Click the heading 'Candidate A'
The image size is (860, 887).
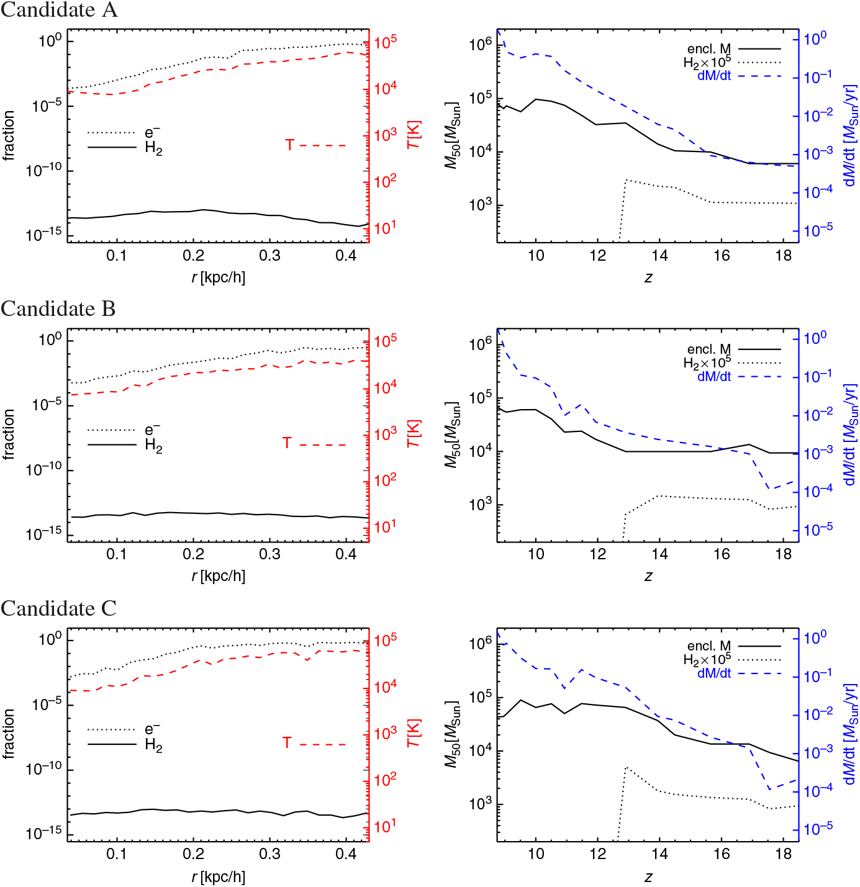tap(59, 11)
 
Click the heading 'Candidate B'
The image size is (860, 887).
tap(58, 309)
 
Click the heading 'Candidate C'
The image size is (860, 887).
tap(58, 608)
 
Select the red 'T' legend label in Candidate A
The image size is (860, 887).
tap(289, 145)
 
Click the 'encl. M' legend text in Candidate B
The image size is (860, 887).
tap(708, 349)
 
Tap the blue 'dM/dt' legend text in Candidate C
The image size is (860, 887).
tap(714, 673)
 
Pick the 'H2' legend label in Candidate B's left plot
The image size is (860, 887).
tap(153, 446)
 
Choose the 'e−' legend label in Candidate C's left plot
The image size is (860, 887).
tap(152, 729)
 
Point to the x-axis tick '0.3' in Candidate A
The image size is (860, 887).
tap(269, 256)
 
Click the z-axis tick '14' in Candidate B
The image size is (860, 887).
tap(659, 554)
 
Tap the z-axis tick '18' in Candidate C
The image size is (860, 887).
tap(784, 853)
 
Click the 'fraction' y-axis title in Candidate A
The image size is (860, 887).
tap(9, 135)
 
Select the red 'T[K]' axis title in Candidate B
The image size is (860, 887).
tap(414, 433)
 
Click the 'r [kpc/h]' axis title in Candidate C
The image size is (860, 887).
tap(219, 877)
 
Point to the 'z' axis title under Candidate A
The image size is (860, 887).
tap(648, 277)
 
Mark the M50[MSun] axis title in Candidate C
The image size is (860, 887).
tap(453, 734)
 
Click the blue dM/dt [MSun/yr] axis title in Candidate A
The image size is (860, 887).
tap(851, 135)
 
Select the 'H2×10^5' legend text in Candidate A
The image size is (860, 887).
tap(707, 62)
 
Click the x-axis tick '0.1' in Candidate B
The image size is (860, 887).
tap(116, 554)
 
